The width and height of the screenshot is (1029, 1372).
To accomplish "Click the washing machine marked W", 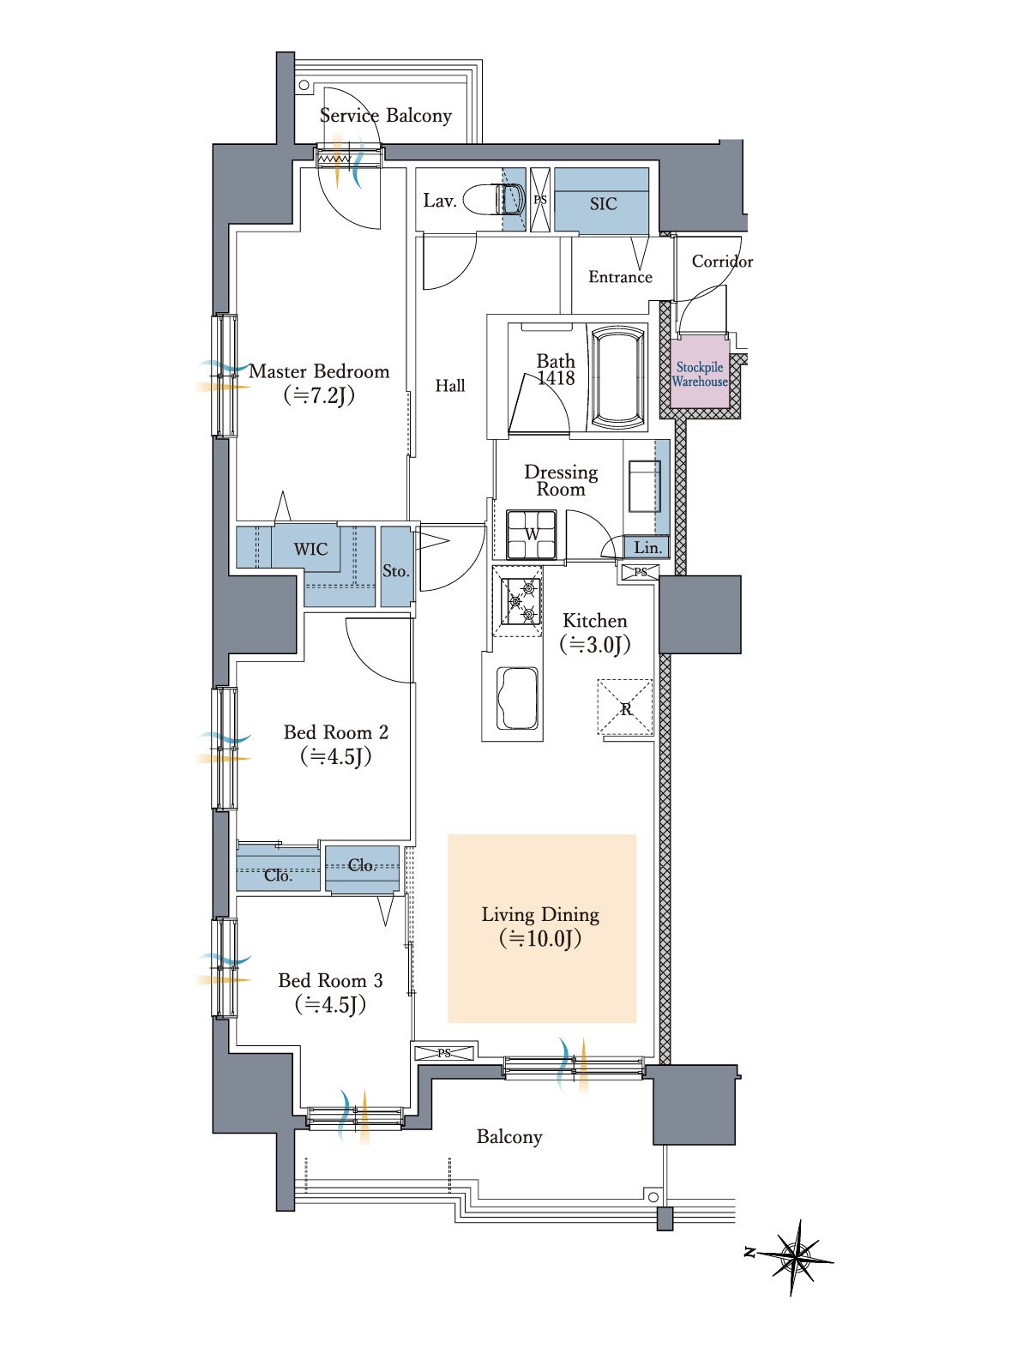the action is click(x=531, y=534).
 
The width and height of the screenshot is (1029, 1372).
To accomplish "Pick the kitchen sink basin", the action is click(x=517, y=697).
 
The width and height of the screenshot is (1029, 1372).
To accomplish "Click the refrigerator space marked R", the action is click(x=625, y=707).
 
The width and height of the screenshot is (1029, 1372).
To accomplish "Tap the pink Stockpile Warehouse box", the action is click(x=700, y=374).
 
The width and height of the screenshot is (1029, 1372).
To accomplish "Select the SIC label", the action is click(x=603, y=204).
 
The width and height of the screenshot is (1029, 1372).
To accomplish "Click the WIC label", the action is click(x=310, y=549).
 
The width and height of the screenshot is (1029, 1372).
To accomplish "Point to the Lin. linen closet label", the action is click(x=648, y=548).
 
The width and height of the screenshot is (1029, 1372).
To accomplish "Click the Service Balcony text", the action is click(x=386, y=115).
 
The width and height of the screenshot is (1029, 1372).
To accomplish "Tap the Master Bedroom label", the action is click(x=319, y=371).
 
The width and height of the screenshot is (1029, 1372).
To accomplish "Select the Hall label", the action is click(x=450, y=386).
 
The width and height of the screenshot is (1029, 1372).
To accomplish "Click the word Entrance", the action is click(x=620, y=277).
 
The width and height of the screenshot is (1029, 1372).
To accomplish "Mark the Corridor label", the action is click(x=722, y=262).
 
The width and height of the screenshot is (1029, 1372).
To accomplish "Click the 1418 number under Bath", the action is click(x=556, y=377).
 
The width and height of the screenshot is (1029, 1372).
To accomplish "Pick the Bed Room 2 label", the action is click(x=336, y=732).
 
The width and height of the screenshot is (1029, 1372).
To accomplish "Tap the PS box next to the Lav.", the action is click(x=540, y=200).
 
